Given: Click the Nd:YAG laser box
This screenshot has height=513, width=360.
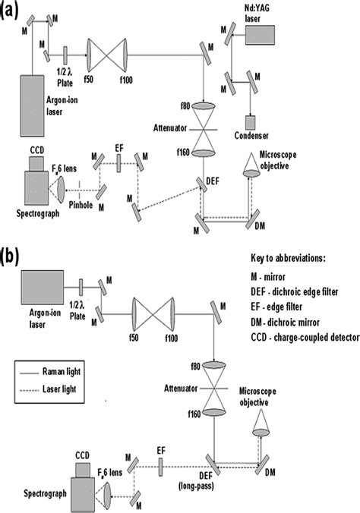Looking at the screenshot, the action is (x=260, y=35).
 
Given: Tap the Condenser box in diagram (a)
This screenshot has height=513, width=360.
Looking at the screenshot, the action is (x=251, y=122).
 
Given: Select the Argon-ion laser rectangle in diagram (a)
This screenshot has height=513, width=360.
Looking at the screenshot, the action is (x=32, y=105).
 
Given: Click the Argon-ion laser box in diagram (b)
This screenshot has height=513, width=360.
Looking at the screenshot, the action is (x=43, y=288).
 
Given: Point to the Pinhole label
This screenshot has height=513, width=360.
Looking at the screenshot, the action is (x=81, y=205).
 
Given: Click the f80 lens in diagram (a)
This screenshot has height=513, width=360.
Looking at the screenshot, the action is (x=204, y=106).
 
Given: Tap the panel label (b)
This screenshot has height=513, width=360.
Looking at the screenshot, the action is (x=10, y=257).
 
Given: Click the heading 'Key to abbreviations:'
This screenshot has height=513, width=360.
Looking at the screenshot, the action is (x=289, y=258).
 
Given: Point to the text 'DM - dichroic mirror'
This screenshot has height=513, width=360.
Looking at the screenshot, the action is (x=285, y=323).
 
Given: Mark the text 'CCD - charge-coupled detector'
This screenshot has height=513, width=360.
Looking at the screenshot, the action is (x=305, y=338).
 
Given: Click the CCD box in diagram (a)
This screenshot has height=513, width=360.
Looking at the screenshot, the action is (x=36, y=163).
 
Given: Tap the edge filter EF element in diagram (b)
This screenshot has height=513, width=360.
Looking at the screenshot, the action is (x=160, y=467).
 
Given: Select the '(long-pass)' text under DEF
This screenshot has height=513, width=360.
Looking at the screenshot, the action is (x=196, y=486).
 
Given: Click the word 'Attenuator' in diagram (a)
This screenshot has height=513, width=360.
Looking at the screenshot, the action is (x=170, y=128).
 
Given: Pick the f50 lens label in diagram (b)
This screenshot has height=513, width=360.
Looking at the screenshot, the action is (x=134, y=337).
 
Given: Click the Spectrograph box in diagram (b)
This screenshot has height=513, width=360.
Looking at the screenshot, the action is (x=84, y=495).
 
